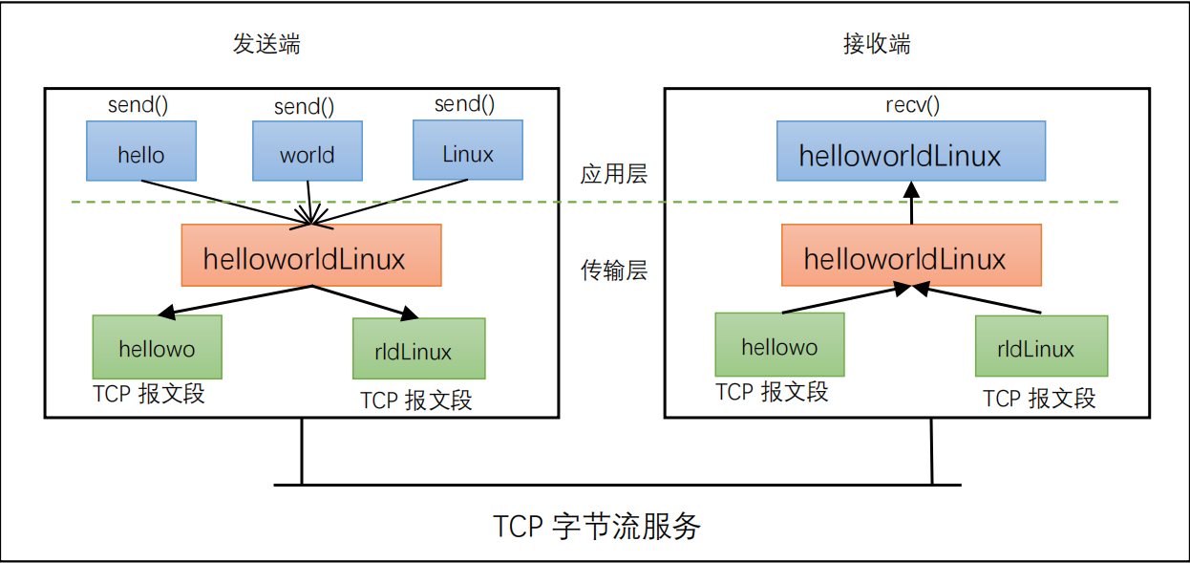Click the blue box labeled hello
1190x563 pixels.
tap(141, 151)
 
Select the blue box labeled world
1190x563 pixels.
tap(308, 151)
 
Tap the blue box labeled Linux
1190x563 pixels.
tap(468, 150)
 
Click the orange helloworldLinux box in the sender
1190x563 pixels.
tap(311, 255)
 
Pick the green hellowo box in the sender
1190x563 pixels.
tap(157, 347)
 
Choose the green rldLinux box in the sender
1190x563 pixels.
tap(418, 349)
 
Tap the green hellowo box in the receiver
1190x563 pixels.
tap(779, 344)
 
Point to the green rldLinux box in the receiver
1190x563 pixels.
tap(1041, 346)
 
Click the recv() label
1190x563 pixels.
tap(913, 105)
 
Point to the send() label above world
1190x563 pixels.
tap(304, 107)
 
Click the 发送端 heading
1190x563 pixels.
tap(266, 44)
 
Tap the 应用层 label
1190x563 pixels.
tap(614, 174)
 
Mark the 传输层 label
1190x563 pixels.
tap(614, 271)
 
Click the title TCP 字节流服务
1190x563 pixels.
tap(597, 526)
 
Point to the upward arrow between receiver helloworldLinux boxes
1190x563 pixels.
tap(911, 204)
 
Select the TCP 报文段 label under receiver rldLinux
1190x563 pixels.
tap(1040, 398)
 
